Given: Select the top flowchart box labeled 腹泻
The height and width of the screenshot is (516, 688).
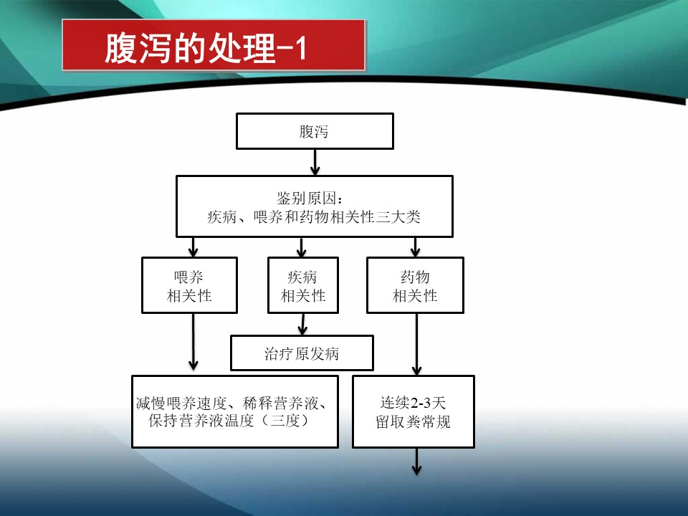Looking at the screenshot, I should point(315,131).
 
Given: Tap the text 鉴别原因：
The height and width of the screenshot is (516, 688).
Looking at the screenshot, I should point(314,197).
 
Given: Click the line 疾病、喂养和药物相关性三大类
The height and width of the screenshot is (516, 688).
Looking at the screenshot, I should point(314,217).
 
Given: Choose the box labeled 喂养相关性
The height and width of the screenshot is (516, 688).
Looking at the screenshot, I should point(189,285).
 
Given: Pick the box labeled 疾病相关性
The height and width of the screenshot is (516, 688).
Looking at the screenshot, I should point(302,285).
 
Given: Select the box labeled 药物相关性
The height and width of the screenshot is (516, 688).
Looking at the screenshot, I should point(415,285).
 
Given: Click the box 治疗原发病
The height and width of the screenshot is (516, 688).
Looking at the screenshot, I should point(302,353).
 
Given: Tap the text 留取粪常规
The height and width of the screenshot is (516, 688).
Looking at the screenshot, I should point(414,421).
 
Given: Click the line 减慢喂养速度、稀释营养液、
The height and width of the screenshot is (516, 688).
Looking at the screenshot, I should point(234,402).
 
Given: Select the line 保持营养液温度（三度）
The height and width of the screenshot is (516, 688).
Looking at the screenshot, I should point(229,421).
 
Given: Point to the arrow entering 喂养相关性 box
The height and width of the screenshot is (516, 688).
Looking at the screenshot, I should point(193,248).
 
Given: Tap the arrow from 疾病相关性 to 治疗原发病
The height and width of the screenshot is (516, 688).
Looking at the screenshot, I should point(302,324).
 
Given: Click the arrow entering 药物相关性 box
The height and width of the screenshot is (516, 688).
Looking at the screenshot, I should point(415,248).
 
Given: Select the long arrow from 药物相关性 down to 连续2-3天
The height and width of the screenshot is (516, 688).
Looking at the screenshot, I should point(416,344).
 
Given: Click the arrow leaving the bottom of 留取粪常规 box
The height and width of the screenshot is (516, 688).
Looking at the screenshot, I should point(416,462).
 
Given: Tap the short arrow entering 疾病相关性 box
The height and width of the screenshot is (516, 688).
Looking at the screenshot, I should point(302,248).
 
